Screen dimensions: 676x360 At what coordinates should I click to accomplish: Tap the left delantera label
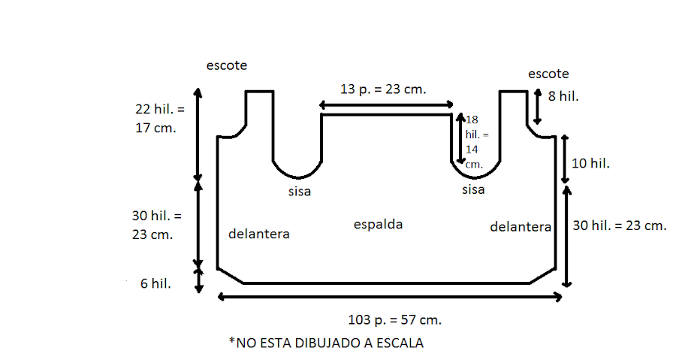click(x=258, y=234)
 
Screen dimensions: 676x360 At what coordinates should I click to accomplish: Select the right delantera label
click(x=520, y=226)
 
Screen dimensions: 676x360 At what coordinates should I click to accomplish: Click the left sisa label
click(x=299, y=192)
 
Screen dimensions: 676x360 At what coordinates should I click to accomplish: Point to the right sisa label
click(x=473, y=189)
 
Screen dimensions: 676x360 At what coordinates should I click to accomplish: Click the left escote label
click(x=227, y=66)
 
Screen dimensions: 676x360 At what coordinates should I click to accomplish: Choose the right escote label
click(x=548, y=74)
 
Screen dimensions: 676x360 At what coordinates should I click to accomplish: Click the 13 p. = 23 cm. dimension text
click(x=383, y=89)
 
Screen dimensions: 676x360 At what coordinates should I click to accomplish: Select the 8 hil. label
click(x=564, y=96)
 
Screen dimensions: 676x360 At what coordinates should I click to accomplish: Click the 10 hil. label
click(x=590, y=162)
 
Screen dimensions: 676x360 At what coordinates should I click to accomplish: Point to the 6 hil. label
click(x=155, y=283)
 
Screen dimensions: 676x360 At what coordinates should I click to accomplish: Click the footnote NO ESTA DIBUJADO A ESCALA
click(x=326, y=343)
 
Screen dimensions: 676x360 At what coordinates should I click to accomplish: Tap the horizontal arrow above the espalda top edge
click(x=386, y=104)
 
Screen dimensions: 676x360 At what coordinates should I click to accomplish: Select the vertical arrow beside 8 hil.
click(x=537, y=107)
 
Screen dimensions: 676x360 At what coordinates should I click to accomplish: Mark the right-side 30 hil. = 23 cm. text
click(x=619, y=225)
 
